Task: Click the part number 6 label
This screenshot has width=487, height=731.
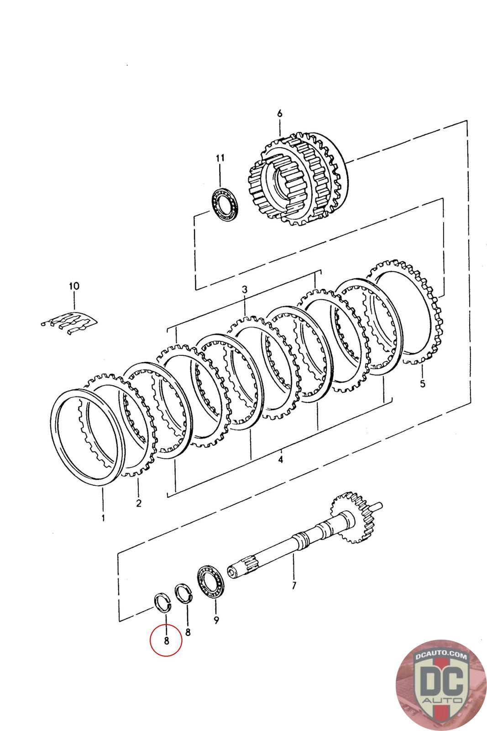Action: pos(280,113)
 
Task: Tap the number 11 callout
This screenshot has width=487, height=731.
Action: pos(220,158)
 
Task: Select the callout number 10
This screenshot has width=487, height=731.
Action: pos(74,286)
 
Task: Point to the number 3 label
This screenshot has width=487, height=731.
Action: pos(245,289)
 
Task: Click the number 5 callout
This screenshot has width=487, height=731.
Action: pos(423,383)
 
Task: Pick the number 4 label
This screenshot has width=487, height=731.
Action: pos(280,459)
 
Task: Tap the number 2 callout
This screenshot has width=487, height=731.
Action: pos(139,503)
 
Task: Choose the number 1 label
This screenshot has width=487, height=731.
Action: pos(103,518)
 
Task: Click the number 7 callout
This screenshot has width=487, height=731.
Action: pos(294,585)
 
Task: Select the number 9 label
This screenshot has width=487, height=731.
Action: pos(216,620)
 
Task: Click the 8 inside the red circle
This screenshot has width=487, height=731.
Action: pos(166,640)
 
